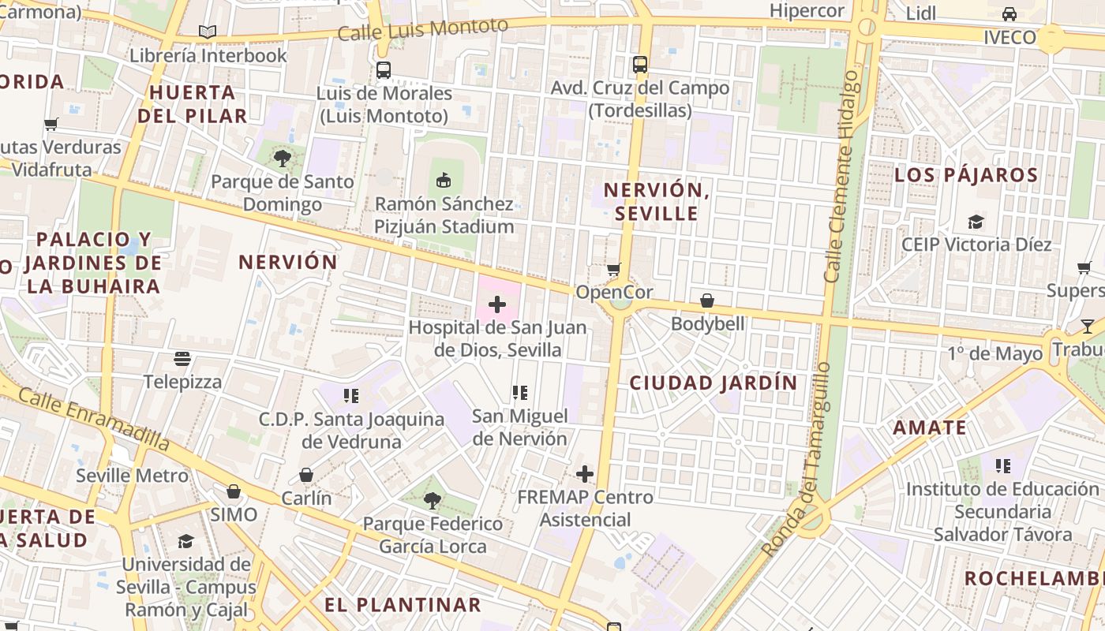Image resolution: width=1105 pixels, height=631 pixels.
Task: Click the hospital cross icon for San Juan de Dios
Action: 497,304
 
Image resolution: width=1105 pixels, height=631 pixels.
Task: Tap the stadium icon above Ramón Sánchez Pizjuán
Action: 444,181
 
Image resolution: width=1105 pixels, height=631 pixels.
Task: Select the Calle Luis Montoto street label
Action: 422,30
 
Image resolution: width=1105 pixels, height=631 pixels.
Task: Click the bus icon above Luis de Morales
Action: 384,70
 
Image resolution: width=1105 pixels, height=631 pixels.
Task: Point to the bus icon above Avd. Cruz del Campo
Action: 639,65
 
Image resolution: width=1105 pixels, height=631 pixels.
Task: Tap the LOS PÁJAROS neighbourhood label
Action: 966,175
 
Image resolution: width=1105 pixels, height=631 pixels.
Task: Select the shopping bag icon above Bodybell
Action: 707,301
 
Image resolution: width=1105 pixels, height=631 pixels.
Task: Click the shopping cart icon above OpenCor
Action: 614,270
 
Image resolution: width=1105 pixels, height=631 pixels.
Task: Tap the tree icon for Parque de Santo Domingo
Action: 282,159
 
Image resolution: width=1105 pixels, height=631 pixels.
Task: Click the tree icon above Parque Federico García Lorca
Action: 432,500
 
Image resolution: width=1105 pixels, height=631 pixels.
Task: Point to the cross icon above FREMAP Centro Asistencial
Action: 584,474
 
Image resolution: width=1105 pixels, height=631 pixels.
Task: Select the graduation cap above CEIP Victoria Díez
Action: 976,222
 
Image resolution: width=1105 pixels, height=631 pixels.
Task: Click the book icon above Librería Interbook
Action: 208,32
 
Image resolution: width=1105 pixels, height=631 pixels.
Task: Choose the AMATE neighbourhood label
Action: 930,428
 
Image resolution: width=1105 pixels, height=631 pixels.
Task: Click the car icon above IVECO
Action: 1009,14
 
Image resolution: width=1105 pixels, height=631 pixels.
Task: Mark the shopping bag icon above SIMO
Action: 234,491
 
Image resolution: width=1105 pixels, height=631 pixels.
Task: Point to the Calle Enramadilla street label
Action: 93,418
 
